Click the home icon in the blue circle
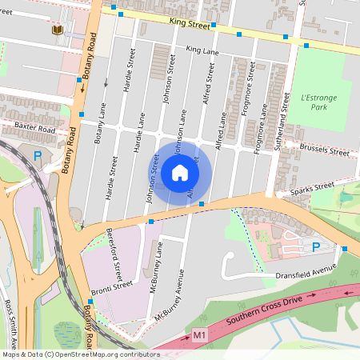(x=180, y=173)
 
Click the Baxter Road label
(x=33, y=129)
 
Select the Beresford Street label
(x=117, y=249)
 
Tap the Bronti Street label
(x=111, y=286)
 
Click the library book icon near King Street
(x=56, y=30)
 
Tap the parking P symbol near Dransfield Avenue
(x=315, y=247)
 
